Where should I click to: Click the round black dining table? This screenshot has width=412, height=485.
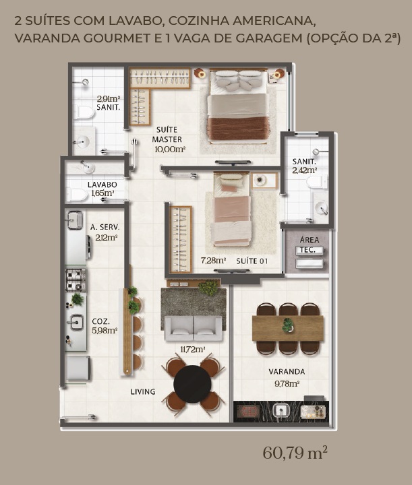pos(192,384)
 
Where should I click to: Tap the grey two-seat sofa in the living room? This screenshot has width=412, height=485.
pos(193,329)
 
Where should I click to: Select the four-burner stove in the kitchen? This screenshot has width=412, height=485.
pos(76,280)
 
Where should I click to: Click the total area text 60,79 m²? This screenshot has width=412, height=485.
pos(295,453)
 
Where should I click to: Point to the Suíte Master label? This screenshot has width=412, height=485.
pos(167,134)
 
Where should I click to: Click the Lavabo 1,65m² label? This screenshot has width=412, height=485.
pos(102,189)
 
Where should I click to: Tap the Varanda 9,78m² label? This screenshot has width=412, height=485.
pos(287,377)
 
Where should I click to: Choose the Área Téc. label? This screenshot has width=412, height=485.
pos(309,245)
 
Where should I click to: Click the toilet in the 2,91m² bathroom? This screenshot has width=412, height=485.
pos(84,112)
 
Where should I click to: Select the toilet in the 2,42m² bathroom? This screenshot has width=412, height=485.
pos(317,182)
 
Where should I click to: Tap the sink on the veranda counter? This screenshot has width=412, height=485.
pos(281,411)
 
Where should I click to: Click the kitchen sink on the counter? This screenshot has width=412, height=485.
pos(76,323)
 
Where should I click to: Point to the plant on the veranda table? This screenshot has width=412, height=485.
pos(288,325)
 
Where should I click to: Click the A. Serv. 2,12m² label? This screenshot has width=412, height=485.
pos(105,232)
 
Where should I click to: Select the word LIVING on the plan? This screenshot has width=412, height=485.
pos(143,391)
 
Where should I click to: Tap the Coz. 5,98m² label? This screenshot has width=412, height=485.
pos(105,326)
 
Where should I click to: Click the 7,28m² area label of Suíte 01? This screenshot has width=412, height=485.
pos(213,261)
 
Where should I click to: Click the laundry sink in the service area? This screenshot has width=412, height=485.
pos(75,220)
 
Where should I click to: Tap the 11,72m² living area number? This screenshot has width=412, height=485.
pos(193,350)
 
